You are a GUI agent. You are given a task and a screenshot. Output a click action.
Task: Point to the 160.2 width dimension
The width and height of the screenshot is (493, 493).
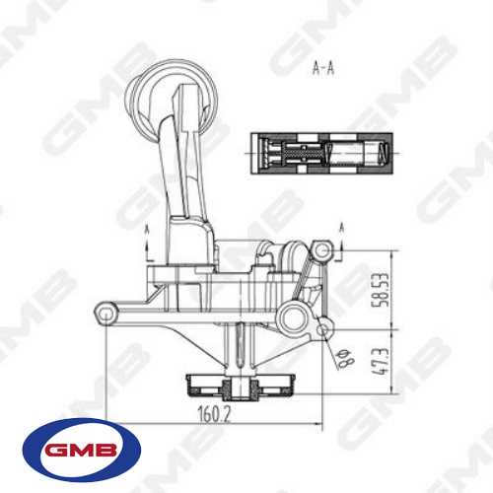click(213, 415)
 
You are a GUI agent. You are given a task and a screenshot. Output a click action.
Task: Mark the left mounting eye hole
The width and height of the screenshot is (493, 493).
click(103, 315)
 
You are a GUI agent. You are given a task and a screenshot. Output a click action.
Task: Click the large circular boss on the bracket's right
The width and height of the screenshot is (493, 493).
click(290, 316)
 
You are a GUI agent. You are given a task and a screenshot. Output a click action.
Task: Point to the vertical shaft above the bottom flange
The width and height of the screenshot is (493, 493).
click(240, 350)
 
